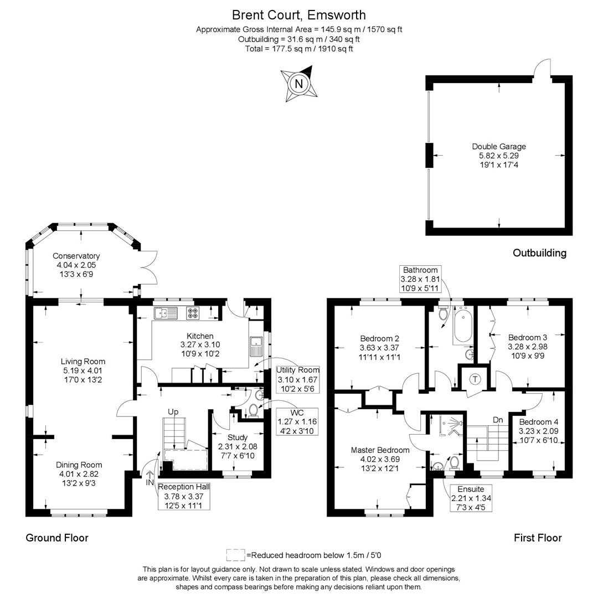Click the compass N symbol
pyautogui.click(x=299, y=84)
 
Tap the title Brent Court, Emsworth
pyautogui.click(x=299, y=15)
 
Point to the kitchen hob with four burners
pyautogui.click(x=193, y=313)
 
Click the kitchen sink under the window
pyautogui.click(x=166, y=314)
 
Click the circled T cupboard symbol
pyautogui.click(x=475, y=379)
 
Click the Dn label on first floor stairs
pyautogui.click(x=498, y=420)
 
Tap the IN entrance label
pyautogui.click(x=149, y=482)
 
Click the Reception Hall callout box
pyautogui.click(x=183, y=496)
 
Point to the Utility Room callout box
pyautogui.click(x=298, y=379)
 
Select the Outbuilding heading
pyautogui.click(x=539, y=253)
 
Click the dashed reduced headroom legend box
pyautogui.click(x=235, y=554)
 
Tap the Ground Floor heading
pyautogui.click(x=57, y=538)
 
